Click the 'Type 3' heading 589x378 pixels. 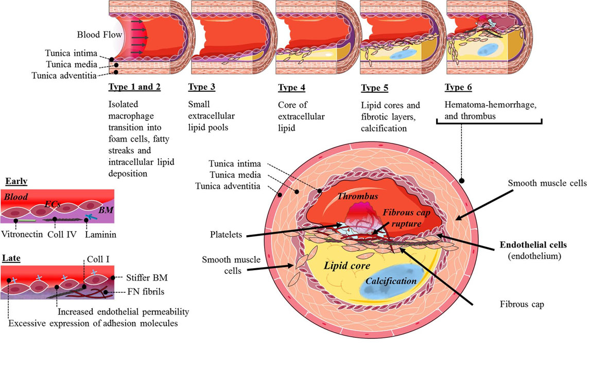202,87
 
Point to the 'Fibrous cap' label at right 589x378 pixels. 522,305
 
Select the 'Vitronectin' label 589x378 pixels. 22,235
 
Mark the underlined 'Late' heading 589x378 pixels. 11,258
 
